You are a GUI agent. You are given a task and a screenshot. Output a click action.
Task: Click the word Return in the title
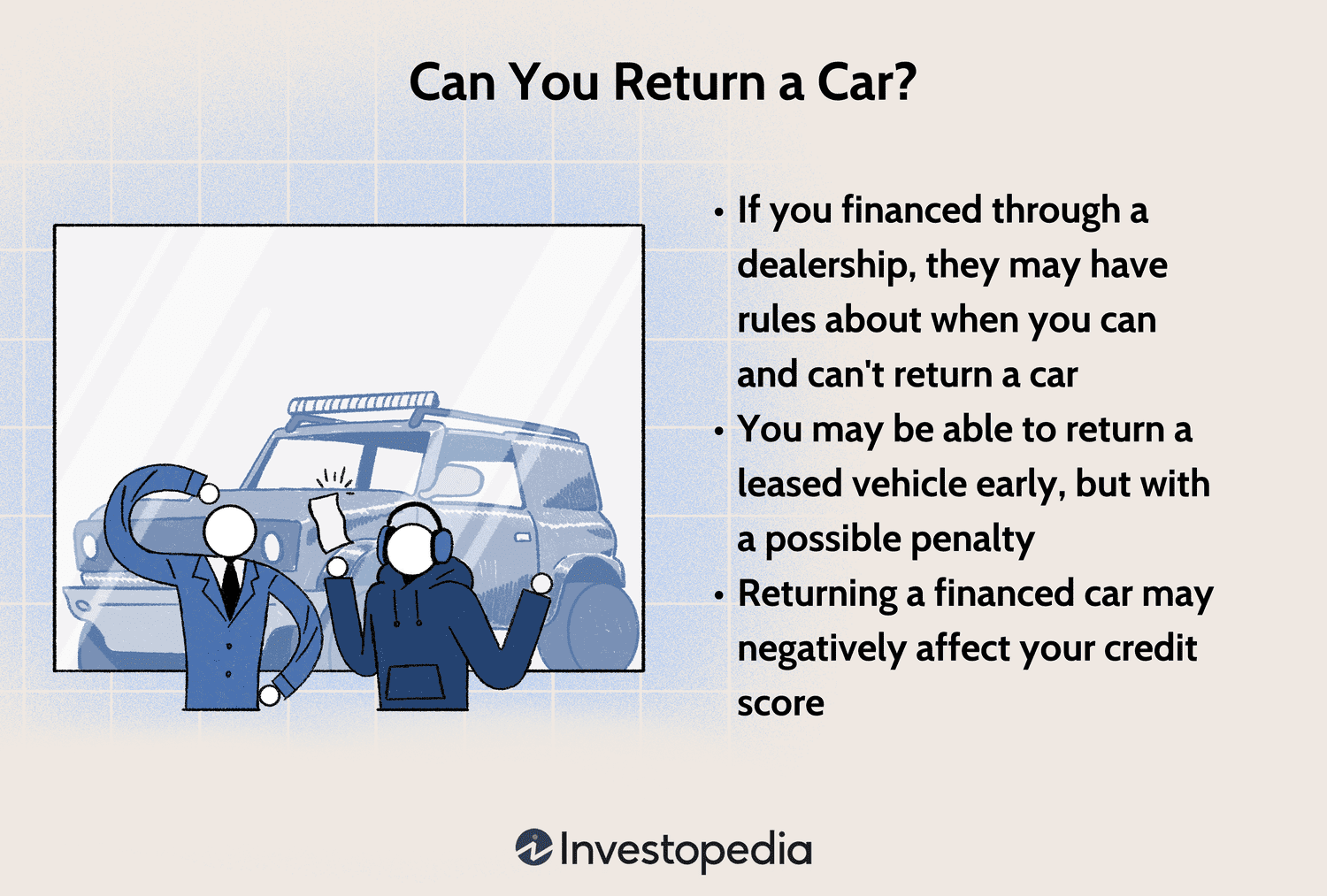pyautogui.click(x=689, y=82)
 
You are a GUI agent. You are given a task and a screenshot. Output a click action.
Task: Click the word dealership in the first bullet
pyautogui.click(x=825, y=265)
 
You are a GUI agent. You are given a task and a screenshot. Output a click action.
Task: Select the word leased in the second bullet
pyautogui.click(x=789, y=484)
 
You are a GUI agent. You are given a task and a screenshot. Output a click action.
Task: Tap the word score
pyautogui.click(x=780, y=703)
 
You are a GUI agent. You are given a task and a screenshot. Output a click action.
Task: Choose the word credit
pyautogui.click(x=1150, y=648)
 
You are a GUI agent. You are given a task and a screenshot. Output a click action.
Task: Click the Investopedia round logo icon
pyautogui.click(x=533, y=848)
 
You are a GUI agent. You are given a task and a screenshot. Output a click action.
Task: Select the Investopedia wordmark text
pyautogui.click(x=686, y=850)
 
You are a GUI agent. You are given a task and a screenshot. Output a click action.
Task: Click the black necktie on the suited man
pyautogui.click(x=231, y=585)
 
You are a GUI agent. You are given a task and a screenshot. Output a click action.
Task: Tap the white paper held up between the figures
pyautogui.click(x=327, y=521)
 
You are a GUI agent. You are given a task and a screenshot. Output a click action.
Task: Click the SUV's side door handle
pyautogui.click(x=523, y=537)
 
